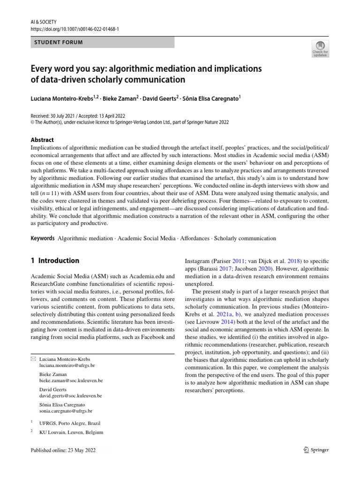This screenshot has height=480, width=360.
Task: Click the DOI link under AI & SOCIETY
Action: [75, 29]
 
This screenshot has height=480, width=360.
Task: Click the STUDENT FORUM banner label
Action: [59, 43]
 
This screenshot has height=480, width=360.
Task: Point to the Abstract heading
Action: [42, 140]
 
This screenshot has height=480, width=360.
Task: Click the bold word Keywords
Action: [43, 238]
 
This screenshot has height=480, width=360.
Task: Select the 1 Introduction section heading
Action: [55, 261]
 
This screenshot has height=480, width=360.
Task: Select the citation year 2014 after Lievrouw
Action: [227, 322]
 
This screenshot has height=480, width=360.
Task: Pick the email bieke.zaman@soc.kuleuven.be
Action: [71, 382]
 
